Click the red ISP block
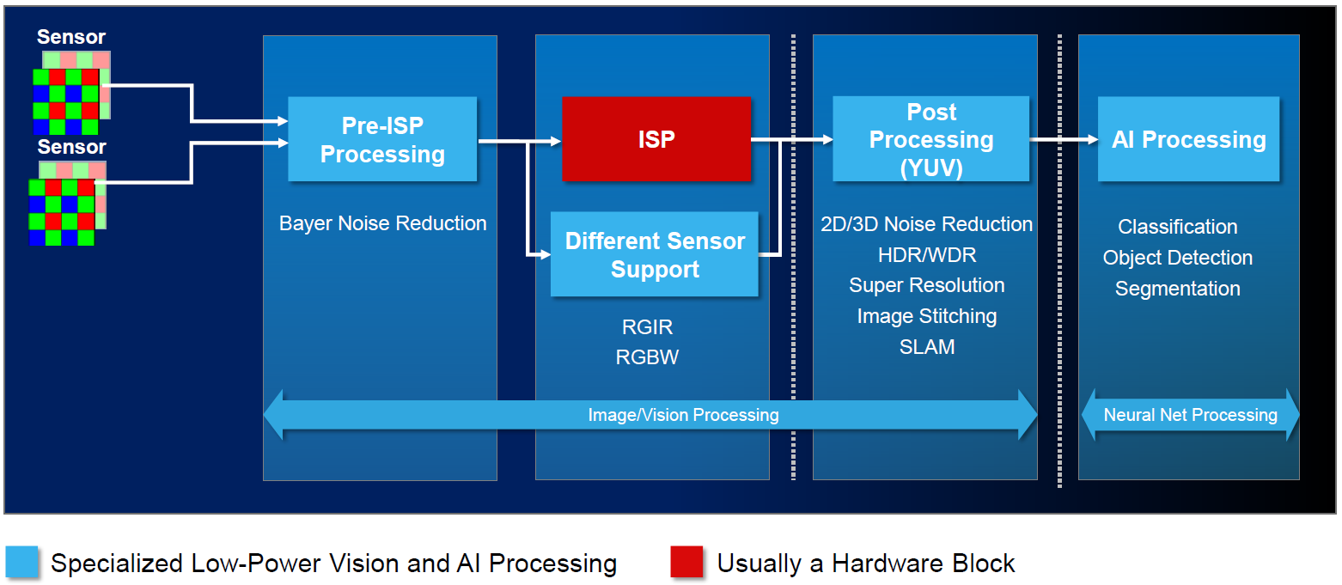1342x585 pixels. point(656,139)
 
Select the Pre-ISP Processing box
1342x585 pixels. point(382,139)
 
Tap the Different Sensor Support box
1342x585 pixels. point(655,254)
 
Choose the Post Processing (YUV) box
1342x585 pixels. point(931,139)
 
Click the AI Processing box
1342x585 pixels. point(1189,139)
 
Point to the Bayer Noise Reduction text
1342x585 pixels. point(383,223)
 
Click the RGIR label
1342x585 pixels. point(647,327)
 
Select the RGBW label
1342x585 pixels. point(647,357)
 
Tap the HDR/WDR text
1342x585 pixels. point(927,254)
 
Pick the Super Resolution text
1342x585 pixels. point(927,285)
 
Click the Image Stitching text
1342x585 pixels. point(927,316)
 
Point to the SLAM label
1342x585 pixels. point(927,347)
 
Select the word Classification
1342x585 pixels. point(1178,227)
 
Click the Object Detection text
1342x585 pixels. point(1178,258)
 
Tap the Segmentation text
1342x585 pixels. point(1178,289)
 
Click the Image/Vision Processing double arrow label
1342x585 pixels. point(683,415)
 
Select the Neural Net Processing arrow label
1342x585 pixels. point(1190,415)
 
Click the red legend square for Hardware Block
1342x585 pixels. point(686,563)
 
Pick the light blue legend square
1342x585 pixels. point(22,563)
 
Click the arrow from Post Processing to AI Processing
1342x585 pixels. point(1064,139)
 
